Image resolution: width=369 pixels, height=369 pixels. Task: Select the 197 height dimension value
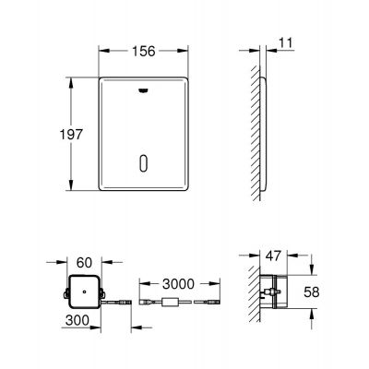pyautogui.click(x=75, y=134)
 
